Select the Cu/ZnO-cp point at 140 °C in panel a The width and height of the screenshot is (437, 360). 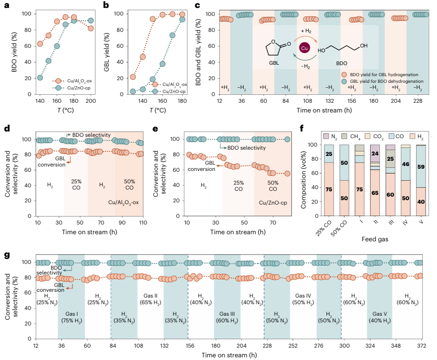pos(40,77)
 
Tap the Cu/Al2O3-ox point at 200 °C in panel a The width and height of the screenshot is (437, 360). pos(91,28)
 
